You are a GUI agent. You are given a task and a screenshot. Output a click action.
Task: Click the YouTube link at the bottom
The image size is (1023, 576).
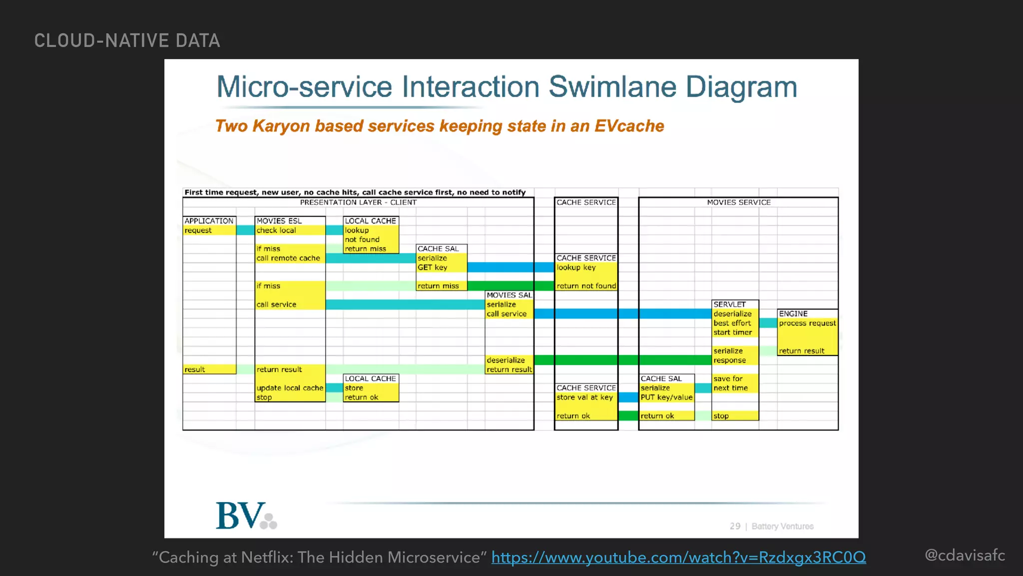click(x=678, y=557)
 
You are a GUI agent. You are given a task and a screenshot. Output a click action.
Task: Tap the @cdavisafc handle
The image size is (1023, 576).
click(x=965, y=555)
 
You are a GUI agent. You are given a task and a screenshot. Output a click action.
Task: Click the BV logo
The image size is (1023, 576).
click(x=246, y=516)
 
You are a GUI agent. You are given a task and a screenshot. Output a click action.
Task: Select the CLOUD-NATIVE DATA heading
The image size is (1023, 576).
click(x=127, y=40)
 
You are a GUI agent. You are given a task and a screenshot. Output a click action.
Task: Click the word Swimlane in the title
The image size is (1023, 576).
click(x=612, y=87)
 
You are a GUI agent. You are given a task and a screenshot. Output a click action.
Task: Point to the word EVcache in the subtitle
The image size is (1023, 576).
click(x=629, y=126)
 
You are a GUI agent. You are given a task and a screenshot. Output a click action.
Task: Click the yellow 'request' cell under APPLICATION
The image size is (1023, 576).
click(x=209, y=230)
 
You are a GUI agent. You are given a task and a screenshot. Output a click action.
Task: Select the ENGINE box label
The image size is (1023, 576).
click(x=793, y=313)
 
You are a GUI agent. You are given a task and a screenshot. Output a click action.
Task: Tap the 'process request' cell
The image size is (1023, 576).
click(x=807, y=323)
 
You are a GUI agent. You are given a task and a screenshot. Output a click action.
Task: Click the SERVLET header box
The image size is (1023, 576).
click(x=730, y=304)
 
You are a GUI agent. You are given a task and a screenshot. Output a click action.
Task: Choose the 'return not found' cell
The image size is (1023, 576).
click(x=586, y=286)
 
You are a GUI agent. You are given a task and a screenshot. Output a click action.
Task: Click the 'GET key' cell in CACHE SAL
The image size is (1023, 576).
click(x=433, y=267)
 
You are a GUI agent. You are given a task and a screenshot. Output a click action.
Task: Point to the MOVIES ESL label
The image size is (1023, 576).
click(x=279, y=220)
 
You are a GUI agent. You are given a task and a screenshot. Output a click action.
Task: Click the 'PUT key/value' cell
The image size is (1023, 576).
click(x=666, y=397)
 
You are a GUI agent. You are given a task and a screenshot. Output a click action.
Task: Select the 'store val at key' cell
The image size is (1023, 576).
click(x=585, y=397)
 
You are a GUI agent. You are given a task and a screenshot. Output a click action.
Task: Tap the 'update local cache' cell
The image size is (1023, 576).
click(x=290, y=388)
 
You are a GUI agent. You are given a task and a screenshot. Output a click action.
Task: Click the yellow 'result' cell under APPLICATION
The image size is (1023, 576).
click(x=209, y=369)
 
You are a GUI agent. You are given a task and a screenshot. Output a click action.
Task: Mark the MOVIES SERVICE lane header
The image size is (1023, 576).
click(x=738, y=202)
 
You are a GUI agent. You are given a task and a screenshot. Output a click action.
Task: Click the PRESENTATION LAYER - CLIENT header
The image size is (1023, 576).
click(x=358, y=202)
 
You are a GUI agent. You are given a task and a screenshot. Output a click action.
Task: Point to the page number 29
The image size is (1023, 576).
click(x=735, y=526)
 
